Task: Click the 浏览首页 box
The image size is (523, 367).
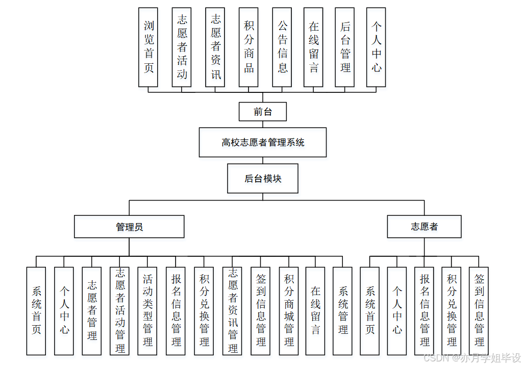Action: pyautogui.click(x=148, y=47)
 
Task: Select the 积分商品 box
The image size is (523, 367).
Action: pyautogui.click(x=249, y=47)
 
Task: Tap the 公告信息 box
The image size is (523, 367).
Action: pyautogui.click(x=282, y=47)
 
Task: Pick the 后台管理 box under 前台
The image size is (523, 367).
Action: pyautogui.click(x=345, y=47)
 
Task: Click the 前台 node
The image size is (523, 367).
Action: pyautogui.click(x=263, y=112)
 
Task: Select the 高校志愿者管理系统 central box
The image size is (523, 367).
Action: pyautogui.click(x=263, y=142)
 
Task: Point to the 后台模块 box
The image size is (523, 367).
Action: pyautogui.click(x=263, y=179)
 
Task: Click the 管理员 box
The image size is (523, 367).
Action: pyautogui.click(x=129, y=227)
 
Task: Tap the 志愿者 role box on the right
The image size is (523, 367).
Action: pyautogui.click(x=424, y=227)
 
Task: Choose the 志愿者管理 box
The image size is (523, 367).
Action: pyautogui.click(x=92, y=311)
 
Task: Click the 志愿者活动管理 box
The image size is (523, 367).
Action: pyautogui.click(x=120, y=311)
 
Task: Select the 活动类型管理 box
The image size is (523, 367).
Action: pyautogui.click(x=147, y=311)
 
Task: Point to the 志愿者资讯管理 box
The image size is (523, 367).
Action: pyautogui.click(x=233, y=311)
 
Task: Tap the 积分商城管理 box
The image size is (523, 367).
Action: pyautogui.click(x=289, y=311)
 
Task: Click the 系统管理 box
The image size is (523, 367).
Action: pyautogui.click(x=343, y=311)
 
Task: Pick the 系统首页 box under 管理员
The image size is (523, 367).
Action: pyautogui.click(x=36, y=311)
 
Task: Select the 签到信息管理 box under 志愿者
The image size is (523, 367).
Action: pyautogui.click(x=479, y=311)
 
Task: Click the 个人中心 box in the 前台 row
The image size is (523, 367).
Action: pyautogui.click(x=376, y=47)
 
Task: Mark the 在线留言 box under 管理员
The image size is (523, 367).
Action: pyautogui.click(x=315, y=311)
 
